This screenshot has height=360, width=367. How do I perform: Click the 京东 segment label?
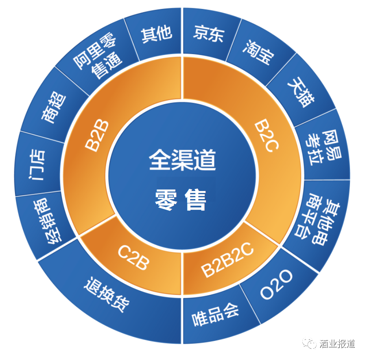(x=209, y=34)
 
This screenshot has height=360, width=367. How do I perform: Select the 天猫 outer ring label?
(x=301, y=92)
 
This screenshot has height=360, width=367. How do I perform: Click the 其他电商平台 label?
(x=317, y=220)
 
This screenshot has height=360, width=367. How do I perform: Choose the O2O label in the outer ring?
(x=276, y=284)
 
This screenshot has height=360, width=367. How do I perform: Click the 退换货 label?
(x=107, y=294)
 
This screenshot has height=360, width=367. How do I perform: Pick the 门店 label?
(x=37, y=165)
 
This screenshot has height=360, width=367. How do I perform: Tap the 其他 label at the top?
(x=156, y=35)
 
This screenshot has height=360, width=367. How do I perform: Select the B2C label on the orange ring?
(x=267, y=136)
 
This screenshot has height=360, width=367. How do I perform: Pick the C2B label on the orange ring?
(x=133, y=258)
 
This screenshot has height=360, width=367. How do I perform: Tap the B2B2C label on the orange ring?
(x=227, y=260)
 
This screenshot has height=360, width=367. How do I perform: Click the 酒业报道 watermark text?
(x=337, y=344)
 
